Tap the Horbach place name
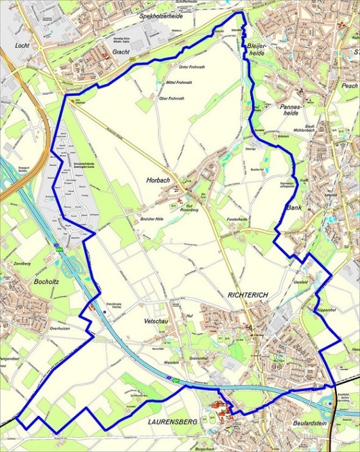tap(157, 181)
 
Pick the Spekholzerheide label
tap(162, 16)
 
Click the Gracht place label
tap(121, 53)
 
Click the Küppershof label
tap(328, 310)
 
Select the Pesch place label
tap(349, 86)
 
